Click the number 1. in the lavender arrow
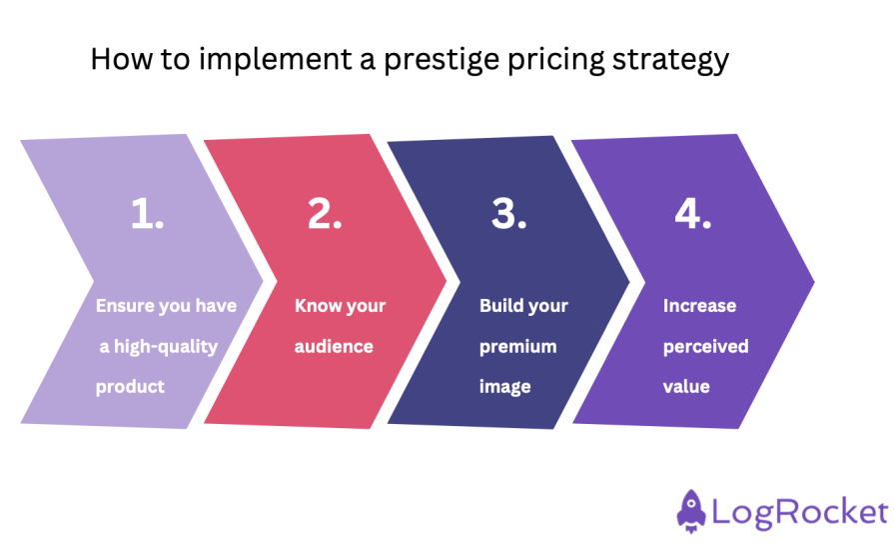148,215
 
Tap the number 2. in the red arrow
325,215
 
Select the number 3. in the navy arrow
508,215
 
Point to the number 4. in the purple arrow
692,215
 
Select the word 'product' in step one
129,387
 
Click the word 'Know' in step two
316,306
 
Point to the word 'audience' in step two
334,347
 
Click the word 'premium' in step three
517,347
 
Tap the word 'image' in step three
505,387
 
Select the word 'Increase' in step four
699,306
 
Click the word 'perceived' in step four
705,347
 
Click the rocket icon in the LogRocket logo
691,511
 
